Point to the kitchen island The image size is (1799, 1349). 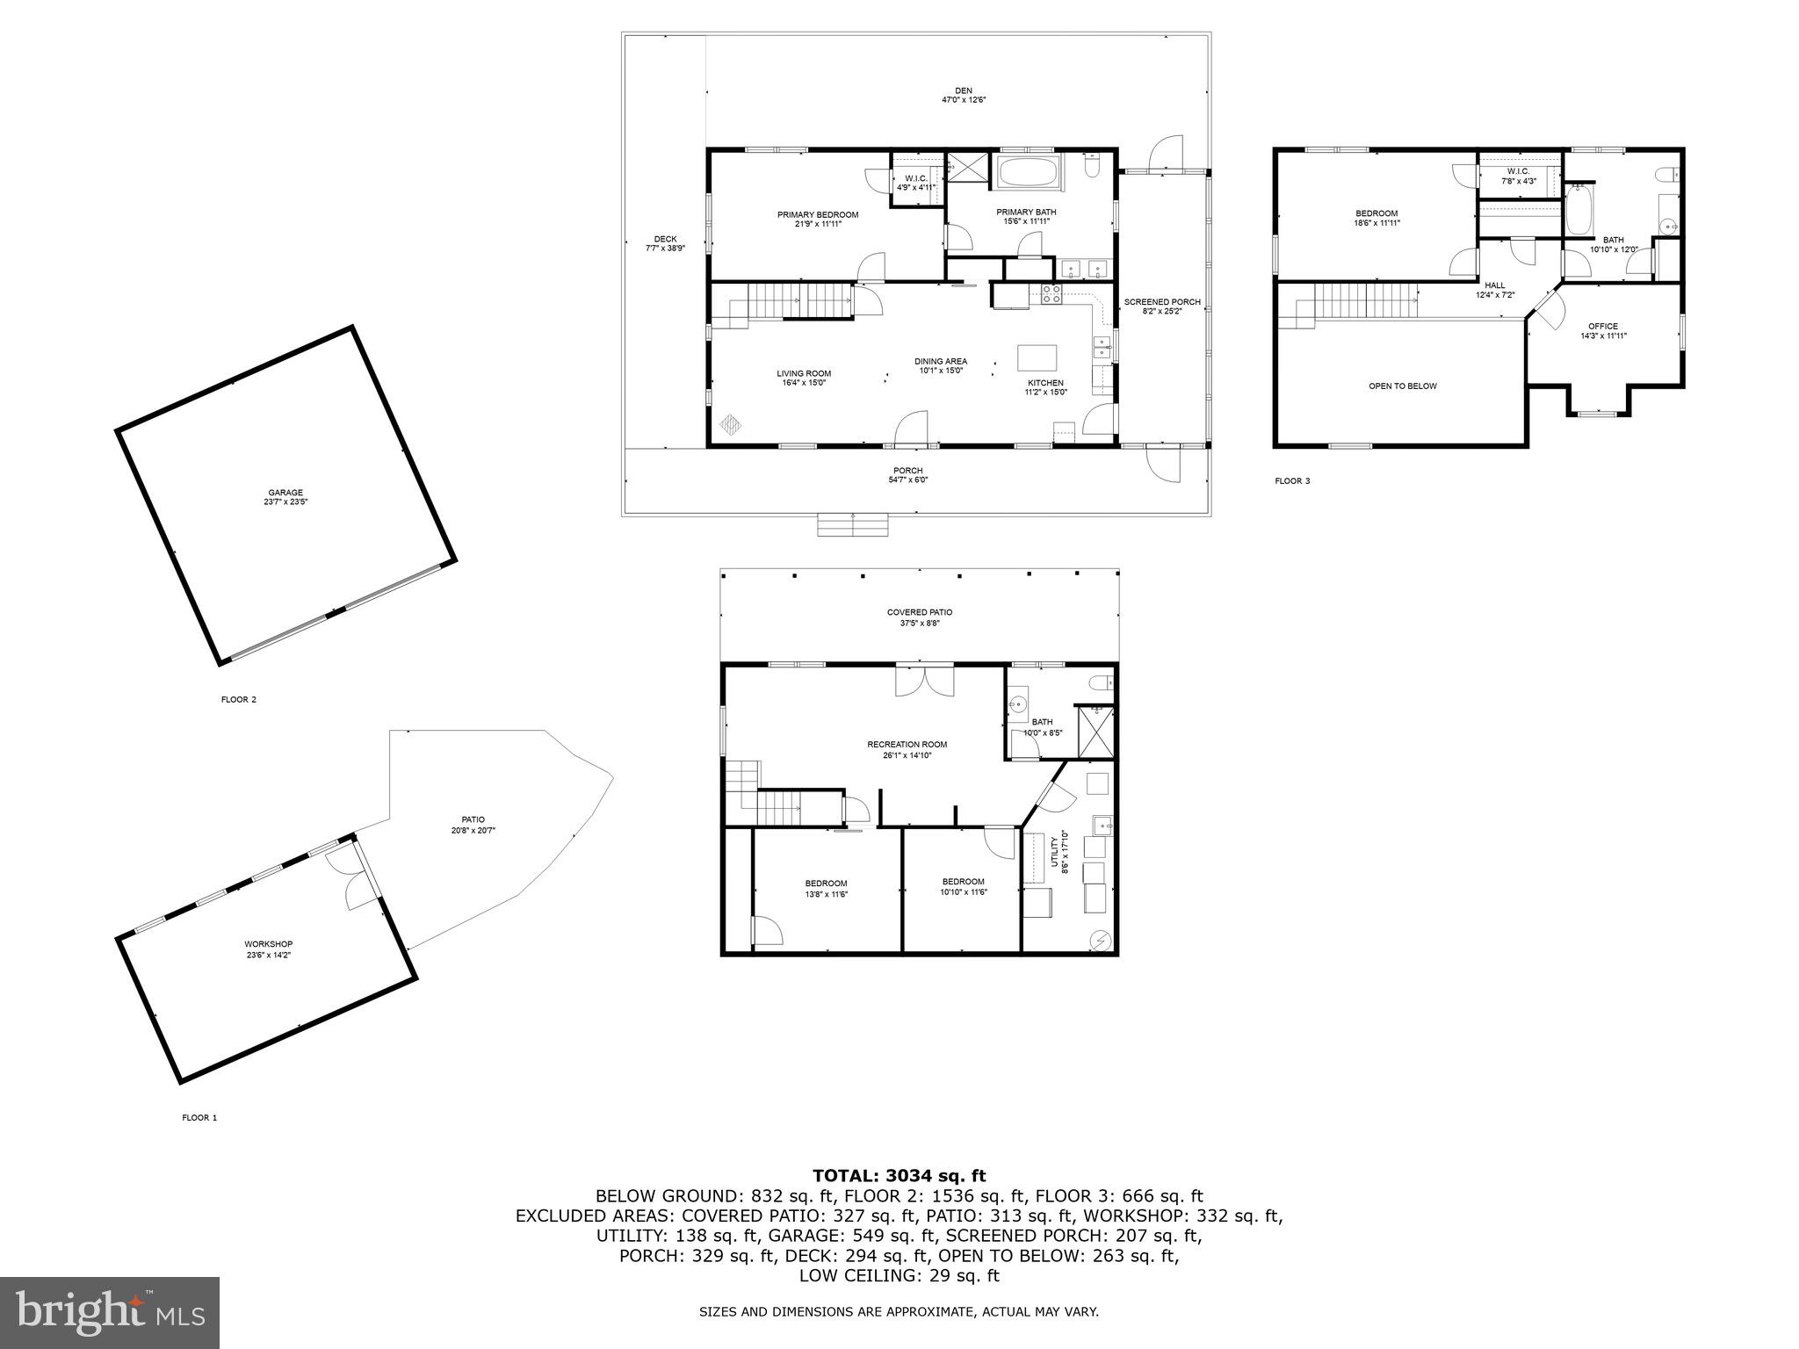pyautogui.click(x=1037, y=358)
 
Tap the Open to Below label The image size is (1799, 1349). pyautogui.click(x=1402, y=386)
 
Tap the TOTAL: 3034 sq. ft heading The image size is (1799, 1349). pyautogui.click(x=899, y=1176)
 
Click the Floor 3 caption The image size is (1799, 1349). pyautogui.click(x=1292, y=481)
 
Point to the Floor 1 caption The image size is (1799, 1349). pyautogui.click(x=199, y=1118)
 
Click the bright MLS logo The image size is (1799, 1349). pyautogui.click(x=110, y=1312)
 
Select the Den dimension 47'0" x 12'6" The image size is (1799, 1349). pyautogui.click(x=964, y=100)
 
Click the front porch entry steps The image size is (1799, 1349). pyautogui.click(x=852, y=524)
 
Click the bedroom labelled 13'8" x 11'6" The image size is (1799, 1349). pyautogui.click(x=826, y=888)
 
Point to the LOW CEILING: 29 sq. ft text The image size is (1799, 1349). pyautogui.click(x=899, y=1276)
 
